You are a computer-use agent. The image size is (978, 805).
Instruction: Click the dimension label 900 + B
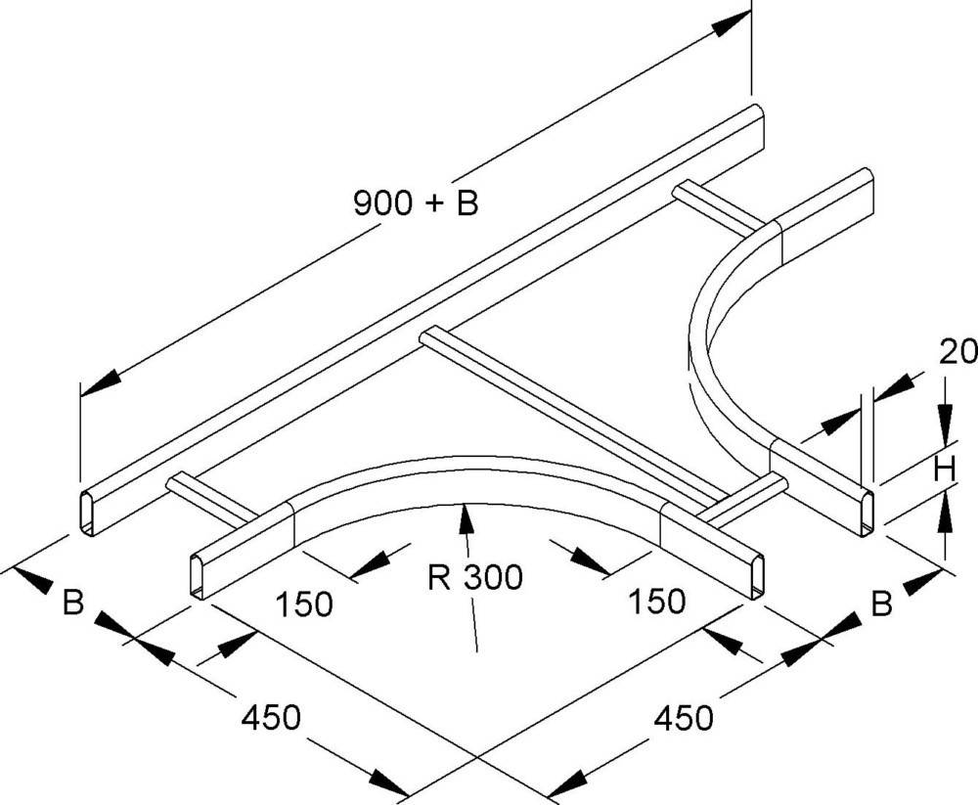415,204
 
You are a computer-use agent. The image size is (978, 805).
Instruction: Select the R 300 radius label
475,578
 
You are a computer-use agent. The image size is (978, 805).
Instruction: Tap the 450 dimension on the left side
270,718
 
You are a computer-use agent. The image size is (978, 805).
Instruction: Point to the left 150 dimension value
303,604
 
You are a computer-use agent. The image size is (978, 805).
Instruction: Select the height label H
943,470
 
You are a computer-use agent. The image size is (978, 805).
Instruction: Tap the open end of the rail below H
868,515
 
